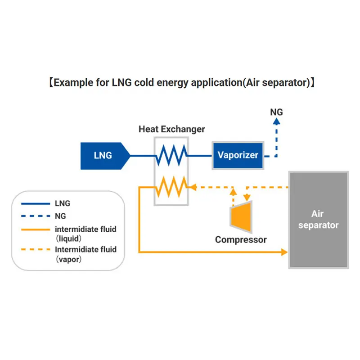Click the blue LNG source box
[x=103, y=156]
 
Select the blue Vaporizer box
[x=238, y=155]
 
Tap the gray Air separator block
[x=318, y=220]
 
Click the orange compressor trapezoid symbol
[x=240, y=217]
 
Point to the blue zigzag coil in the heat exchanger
[x=171, y=156]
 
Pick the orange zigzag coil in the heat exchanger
[x=171, y=186]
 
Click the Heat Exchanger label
[x=171, y=130]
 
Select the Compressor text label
[x=241, y=239]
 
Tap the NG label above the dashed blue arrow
[x=276, y=112]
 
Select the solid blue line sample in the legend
[x=36, y=203]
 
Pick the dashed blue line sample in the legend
[x=36, y=216]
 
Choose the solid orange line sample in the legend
[x=36, y=229]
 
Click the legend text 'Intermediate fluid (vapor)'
[x=85, y=254]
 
